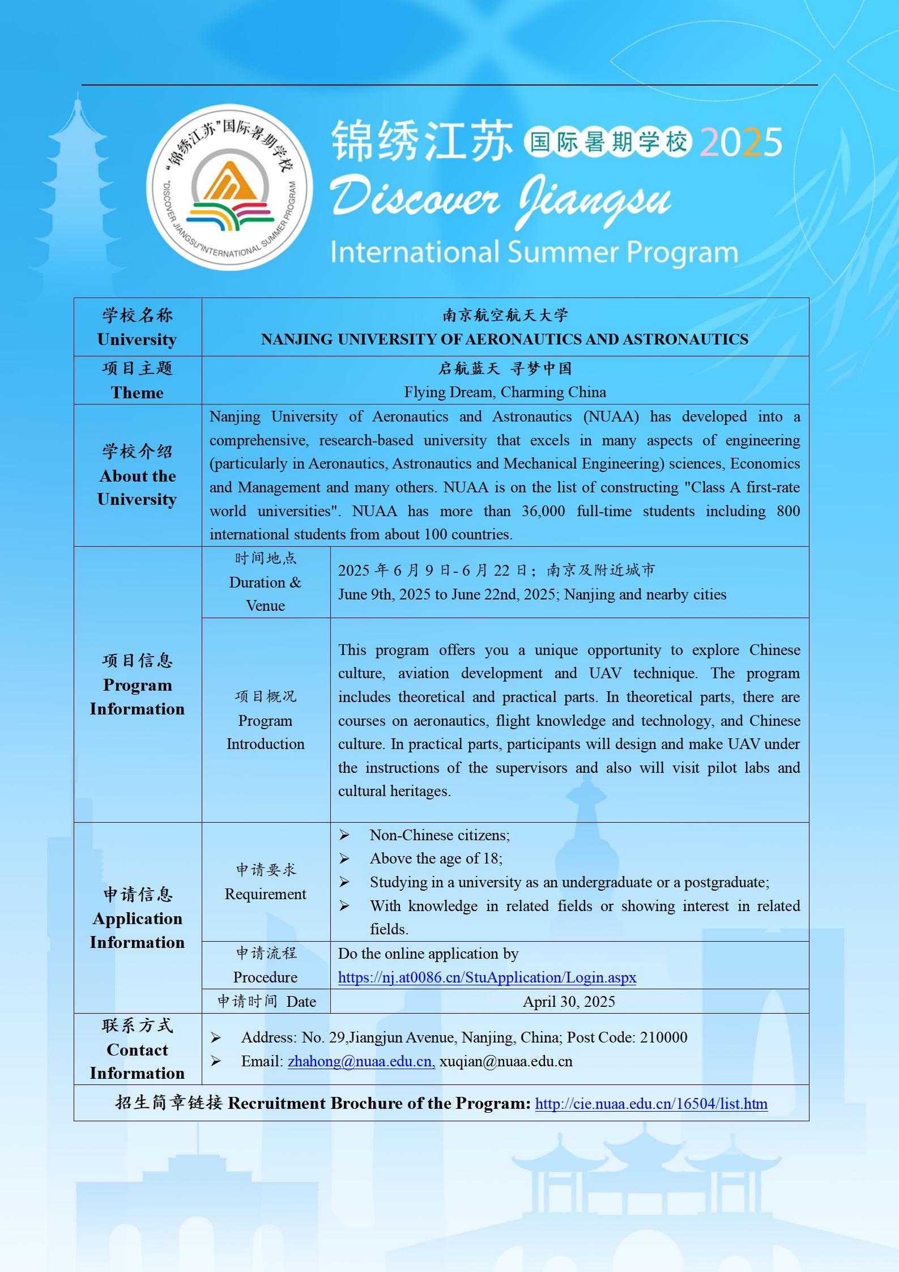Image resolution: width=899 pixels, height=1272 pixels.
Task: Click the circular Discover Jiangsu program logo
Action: [x=229, y=187]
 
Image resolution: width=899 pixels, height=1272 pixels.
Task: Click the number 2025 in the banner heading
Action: [x=741, y=142]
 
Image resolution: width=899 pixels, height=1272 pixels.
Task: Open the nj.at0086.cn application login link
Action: [x=487, y=977]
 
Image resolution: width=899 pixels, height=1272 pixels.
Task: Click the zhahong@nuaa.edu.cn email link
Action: [x=361, y=1061]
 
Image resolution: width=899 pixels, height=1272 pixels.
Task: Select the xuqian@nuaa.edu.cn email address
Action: [x=506, y=1061]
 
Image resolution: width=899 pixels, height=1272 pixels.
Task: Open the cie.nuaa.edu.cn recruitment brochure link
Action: [x=651, y=1104]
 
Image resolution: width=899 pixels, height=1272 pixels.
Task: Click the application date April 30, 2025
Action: [x=569, y=1002]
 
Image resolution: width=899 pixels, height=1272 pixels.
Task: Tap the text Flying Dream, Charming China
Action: [x=505, y=392]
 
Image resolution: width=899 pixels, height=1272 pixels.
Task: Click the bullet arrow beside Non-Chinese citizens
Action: [x=344, y=835]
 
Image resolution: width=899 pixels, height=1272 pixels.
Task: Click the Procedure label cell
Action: [x=265, y=965]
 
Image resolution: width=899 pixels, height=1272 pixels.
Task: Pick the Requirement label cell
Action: [x=265, y=882]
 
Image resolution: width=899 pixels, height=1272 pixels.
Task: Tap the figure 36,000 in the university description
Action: [x=543, y=511]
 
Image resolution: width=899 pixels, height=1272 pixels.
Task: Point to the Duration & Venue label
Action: [x=265, y=582]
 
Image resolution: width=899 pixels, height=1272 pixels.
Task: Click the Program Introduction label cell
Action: [x=265, y=720]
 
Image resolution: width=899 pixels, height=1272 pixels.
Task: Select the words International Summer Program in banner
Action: [x=534, y=253]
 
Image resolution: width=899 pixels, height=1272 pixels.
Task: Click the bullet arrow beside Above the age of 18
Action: [x=344, y=859]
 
